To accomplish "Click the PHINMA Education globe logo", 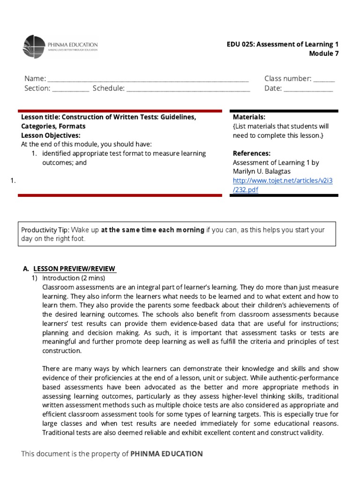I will [x=34, y=47].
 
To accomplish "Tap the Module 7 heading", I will [x=323, y=53].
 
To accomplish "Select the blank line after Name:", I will [x=148, y=79].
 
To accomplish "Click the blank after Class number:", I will [x=324, y=79].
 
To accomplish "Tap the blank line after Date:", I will [x=308, y=88].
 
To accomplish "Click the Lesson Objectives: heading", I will [x=51, y=135].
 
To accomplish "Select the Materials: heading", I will [x=249, y=117].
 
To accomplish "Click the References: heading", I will [x=251, y=153].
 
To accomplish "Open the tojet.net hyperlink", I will [x=283, y=185].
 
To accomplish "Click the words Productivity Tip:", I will [x=45, y=230].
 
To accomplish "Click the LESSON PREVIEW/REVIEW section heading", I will [x=74, y=269].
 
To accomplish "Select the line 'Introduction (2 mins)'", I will [x=74, y=277].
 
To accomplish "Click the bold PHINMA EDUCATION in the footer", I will [x=166, y=454].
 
